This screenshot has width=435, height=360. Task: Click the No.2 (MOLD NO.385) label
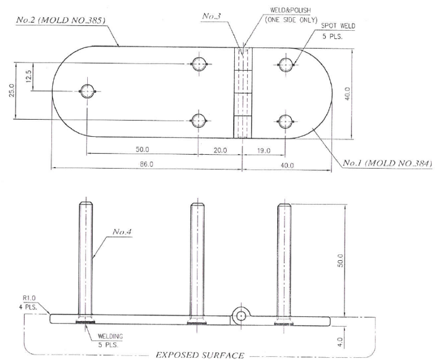tap(61, 20)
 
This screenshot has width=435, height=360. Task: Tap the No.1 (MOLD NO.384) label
tap(387, 163)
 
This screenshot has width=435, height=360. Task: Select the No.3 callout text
tap(212, 16)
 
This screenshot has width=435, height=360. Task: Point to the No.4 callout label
tap(122, 232)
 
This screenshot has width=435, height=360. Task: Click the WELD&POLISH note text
tap(291, 10)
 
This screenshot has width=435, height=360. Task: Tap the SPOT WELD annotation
tap(338, 26)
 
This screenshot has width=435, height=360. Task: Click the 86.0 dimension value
tap(146, 164)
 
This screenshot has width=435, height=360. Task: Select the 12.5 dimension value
tap(29, 76)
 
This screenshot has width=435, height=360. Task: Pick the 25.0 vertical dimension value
tap(12, 91)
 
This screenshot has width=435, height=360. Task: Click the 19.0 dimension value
tap(264, 151)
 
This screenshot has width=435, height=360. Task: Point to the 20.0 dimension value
tap(220, 150)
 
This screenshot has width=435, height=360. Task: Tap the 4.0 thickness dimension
tap(341, 342)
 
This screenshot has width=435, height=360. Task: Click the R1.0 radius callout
tap(29, 298)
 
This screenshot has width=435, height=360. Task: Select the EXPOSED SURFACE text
tap(200, 355)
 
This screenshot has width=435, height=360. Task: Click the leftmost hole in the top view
tap(87, 91)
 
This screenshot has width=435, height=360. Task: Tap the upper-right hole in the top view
tap(285, 65)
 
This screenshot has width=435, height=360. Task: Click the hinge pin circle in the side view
tap(241, 316)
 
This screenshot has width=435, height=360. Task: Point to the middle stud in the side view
tap(197, 262)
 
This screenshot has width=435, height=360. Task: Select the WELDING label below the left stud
tap(110, 336)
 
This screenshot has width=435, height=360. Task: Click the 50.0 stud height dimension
tap(340, 260)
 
